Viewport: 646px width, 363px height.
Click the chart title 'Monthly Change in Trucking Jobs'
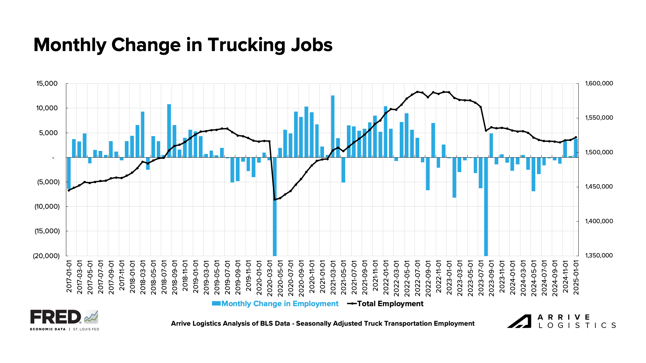tap(183, 45)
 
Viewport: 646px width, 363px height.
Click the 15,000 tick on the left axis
tap(47, 83)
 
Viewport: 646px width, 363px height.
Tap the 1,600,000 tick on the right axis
tap(599, 83)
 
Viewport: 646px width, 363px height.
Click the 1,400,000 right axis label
tap(599, 221)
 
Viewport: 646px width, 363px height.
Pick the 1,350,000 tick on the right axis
tap(599, 255)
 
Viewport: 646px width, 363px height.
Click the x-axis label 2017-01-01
tap(69, 276)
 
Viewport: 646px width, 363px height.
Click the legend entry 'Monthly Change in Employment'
tap(280, 304)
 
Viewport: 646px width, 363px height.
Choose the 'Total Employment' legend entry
tap(390, 304)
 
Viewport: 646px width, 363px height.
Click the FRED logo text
tap(56, 317)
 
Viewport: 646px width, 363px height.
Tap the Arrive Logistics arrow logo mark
tap(519, 321)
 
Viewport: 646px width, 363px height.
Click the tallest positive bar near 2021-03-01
tap(333, 126)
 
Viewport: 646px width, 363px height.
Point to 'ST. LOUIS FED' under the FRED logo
tap(86, 329)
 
